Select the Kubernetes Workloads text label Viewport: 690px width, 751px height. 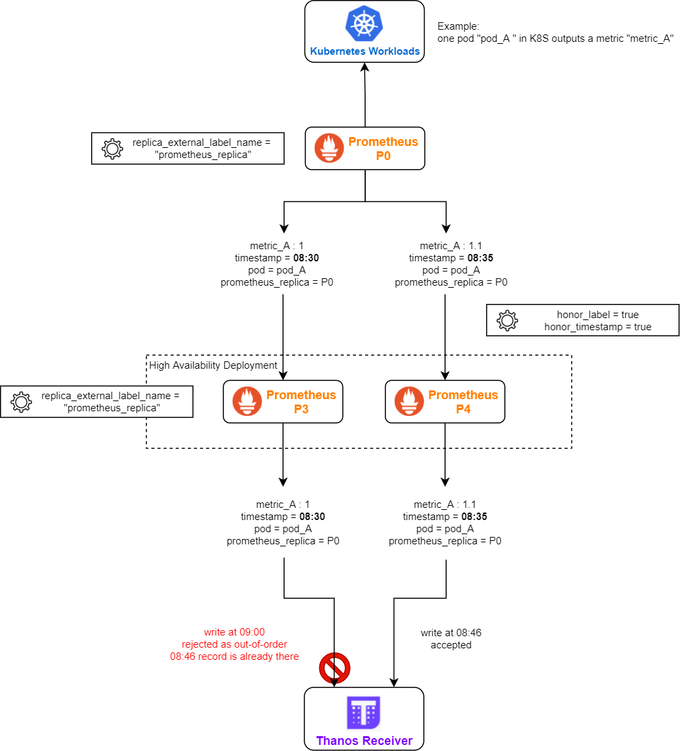pos(365,51)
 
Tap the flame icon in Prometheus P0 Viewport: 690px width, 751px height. pos(329,148)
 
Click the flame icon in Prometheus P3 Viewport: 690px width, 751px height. pos(247,401)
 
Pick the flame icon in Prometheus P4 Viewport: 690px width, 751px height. pos(409,401)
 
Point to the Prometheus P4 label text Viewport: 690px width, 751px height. pos(463,402)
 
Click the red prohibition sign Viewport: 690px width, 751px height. pos(334,668)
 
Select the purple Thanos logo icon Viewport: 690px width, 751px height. pos(364,713)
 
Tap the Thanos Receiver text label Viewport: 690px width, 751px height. pos(364,741)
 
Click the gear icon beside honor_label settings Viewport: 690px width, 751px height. pos(507,320)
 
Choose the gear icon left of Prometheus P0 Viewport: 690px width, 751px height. pos(112,149)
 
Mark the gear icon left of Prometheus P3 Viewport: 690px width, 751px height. pos(21,401)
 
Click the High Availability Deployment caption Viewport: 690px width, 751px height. pos(213,365)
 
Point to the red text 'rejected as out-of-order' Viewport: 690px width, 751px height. pos(234,644)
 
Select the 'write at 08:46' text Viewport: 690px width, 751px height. pos(451,633)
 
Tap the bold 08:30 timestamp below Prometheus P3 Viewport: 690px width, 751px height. pos(313,517)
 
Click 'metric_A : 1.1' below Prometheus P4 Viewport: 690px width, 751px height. pos(445,504)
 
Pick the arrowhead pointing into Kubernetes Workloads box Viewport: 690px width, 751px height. pos(365,68)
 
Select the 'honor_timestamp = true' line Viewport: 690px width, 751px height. pos(598,327)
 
